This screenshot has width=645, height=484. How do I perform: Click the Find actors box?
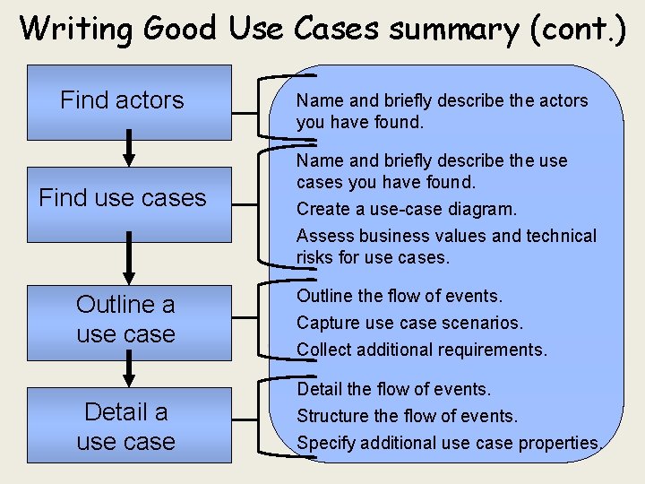click(x=129, y=101)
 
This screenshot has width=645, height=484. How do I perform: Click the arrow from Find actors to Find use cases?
click(x=129, y=149)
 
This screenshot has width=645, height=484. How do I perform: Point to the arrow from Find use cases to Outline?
click(x=129, y=259)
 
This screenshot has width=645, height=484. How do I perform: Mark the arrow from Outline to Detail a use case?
click(x=129, y=368)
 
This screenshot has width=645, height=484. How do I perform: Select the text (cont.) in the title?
click(x=577, y=29)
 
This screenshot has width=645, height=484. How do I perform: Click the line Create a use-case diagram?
click(x=407, y=210)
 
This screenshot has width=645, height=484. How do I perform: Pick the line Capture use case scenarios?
click(x=409, y=323)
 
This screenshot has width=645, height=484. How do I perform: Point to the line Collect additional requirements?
click(x=421, y=350)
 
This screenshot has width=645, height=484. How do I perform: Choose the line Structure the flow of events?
click(x=408, y=416)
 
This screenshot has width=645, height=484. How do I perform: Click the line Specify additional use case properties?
click(x=449, y=443)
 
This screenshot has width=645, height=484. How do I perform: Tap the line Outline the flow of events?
click(x=400, y=296)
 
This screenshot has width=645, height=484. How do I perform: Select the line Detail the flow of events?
click(x=394, y=389)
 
